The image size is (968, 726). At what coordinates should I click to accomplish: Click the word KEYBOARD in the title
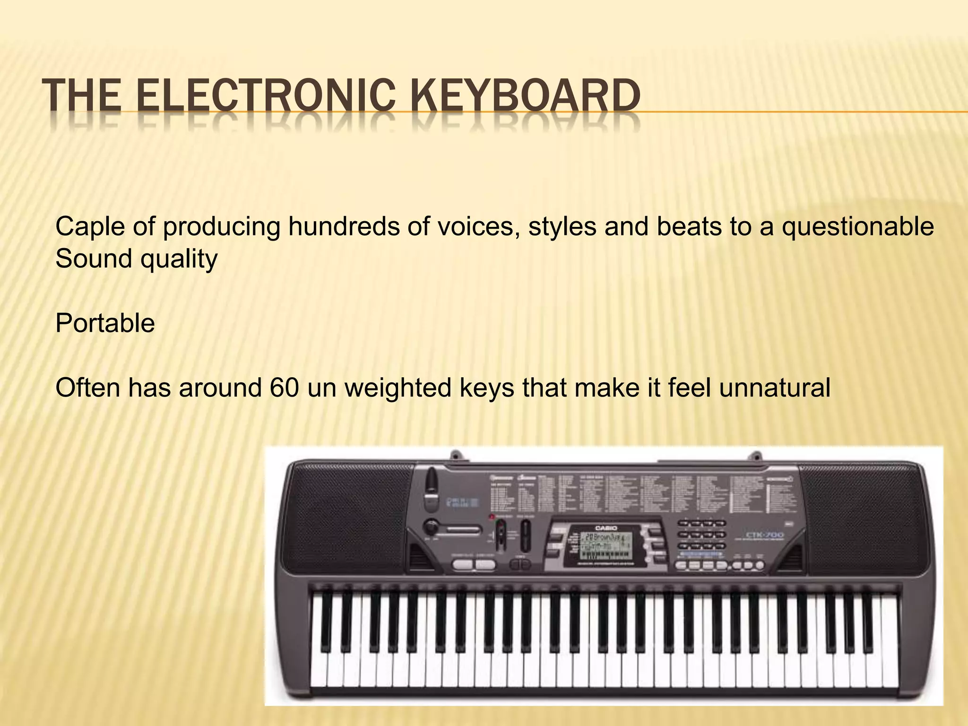524,96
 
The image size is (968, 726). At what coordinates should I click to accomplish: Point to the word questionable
857,227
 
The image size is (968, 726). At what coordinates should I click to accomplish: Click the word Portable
105,324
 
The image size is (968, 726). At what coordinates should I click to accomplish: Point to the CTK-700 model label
764,535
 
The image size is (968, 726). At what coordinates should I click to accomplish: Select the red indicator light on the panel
492,517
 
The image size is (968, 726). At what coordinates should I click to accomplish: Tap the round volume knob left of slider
431,527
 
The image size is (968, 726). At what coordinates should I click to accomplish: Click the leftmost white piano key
319,657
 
